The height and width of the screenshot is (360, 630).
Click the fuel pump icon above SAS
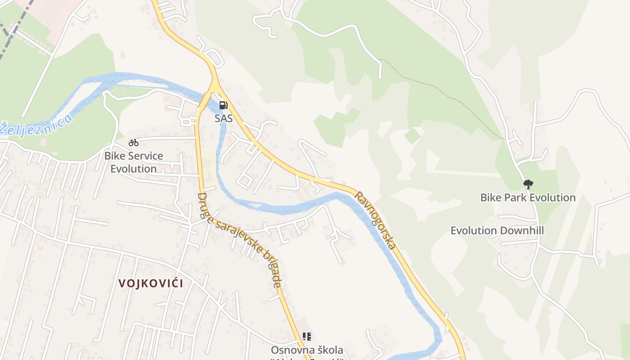click(x=223, y=105)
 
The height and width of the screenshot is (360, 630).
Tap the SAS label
click(x=223, y=118)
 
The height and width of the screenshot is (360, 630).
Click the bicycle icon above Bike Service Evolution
click(x=134, y=143)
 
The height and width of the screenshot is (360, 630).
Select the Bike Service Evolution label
click(x=134, y=162)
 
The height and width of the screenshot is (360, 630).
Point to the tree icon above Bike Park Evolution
click(x=528, y=184)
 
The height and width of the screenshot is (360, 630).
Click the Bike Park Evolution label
click(x=528, y=198)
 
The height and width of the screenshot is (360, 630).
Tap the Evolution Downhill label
click(x=497, y=231)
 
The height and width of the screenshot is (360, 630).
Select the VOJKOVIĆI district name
click(x=151, y=283)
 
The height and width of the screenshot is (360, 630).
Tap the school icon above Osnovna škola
click(x=307, y=336)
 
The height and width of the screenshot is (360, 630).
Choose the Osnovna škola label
click(x=307, y=350)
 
